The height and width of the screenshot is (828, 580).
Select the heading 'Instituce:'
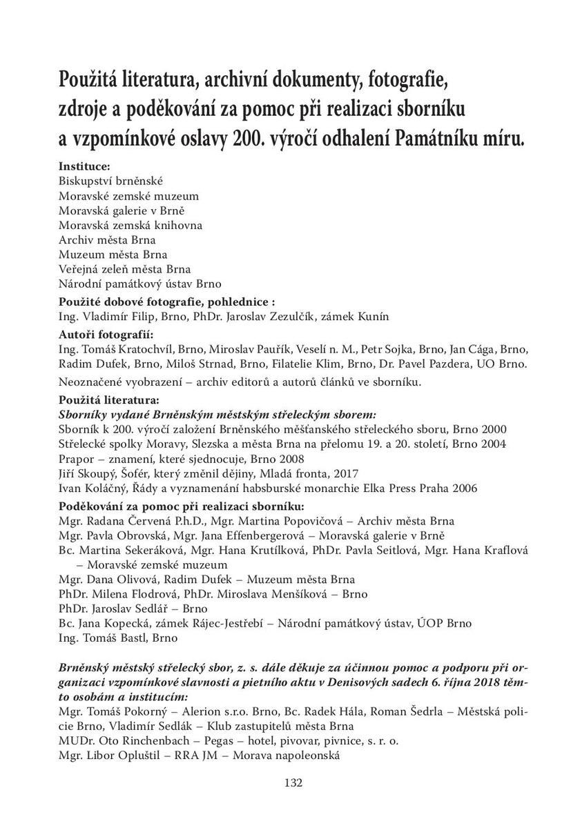pyautogui.click(x=85, y=166)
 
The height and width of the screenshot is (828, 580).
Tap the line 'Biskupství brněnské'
pyautogui.click(x=110, y=181)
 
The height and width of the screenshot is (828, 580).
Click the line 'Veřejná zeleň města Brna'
pyautogui.click(x=125, y=269)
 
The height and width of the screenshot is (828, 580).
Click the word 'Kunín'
pyautogui.click(x=374, y=317)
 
